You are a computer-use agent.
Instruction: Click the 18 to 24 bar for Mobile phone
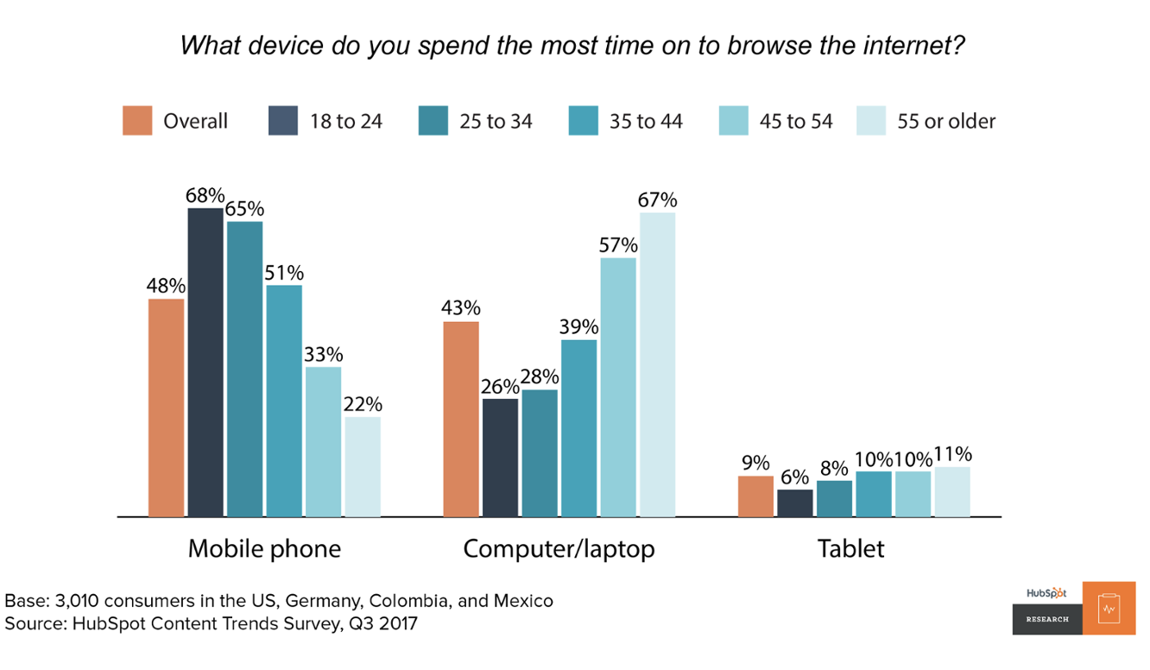click(205, 363)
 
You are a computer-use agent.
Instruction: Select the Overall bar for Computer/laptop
click(461, 420)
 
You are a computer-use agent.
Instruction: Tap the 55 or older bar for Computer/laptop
click(657, 365)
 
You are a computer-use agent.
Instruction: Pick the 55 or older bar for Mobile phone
click(363, 467)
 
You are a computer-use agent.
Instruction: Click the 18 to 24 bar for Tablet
click(795, 503)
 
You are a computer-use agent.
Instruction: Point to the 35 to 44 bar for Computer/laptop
click(578, 428)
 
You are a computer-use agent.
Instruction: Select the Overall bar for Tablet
click(755, 496)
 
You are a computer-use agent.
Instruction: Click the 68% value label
click(205, 196)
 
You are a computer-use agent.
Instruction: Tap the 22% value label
click(363, 405)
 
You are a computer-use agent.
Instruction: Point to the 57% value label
click(618, 245)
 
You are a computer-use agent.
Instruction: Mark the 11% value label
click(952, 454)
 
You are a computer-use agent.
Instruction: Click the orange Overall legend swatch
click(137, 121)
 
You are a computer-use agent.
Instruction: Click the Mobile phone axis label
click(264, 549)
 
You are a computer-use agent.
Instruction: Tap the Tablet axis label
click(851, 549)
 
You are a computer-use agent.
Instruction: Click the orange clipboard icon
click(1109, 609)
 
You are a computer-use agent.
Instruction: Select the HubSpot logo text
click(1046, 593)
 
